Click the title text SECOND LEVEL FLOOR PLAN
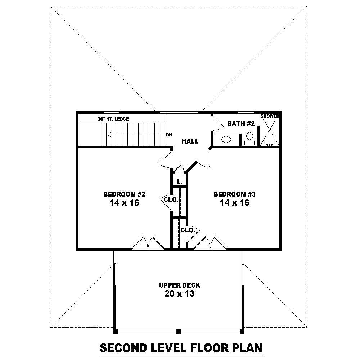[181, 348]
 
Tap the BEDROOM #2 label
[124, 194]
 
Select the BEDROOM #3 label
[234, 194]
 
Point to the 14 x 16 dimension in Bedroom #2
[124, 203]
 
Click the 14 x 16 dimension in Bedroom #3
[234, 203]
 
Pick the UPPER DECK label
[180, 285]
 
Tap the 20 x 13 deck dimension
[180, 294]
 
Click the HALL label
[190, 141]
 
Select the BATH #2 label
[241, 124]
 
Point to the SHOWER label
[270, 116]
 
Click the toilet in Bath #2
[249, 138]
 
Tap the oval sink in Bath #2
[226, 139]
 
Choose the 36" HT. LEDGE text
[113, 119]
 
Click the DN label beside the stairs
[169, 135]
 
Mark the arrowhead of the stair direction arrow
[108, 135]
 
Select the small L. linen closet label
[179, 181]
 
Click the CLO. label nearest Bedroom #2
[171, 199]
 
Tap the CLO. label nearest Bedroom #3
[188, 230]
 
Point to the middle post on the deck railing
[179, 331]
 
